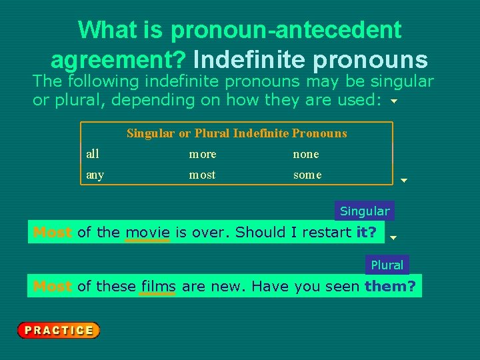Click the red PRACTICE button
[59, 330]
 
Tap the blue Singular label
[365, 211]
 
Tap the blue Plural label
[387, 265]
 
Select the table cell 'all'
[93, 154]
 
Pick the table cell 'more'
[203, 154]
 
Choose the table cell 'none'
[306, 154]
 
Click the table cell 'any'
[95, 175]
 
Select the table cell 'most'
[203, 175]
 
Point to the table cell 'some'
[307, 175]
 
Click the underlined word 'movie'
[147, 233]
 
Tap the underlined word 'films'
[158, 287]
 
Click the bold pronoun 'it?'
[367, 233]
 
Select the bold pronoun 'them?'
[390, 287]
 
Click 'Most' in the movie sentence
[53, 233]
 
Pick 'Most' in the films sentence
[53, 287]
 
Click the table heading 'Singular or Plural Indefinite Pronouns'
[237, 133]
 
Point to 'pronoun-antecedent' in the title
[286, 30]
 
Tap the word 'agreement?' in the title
[118, 60]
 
